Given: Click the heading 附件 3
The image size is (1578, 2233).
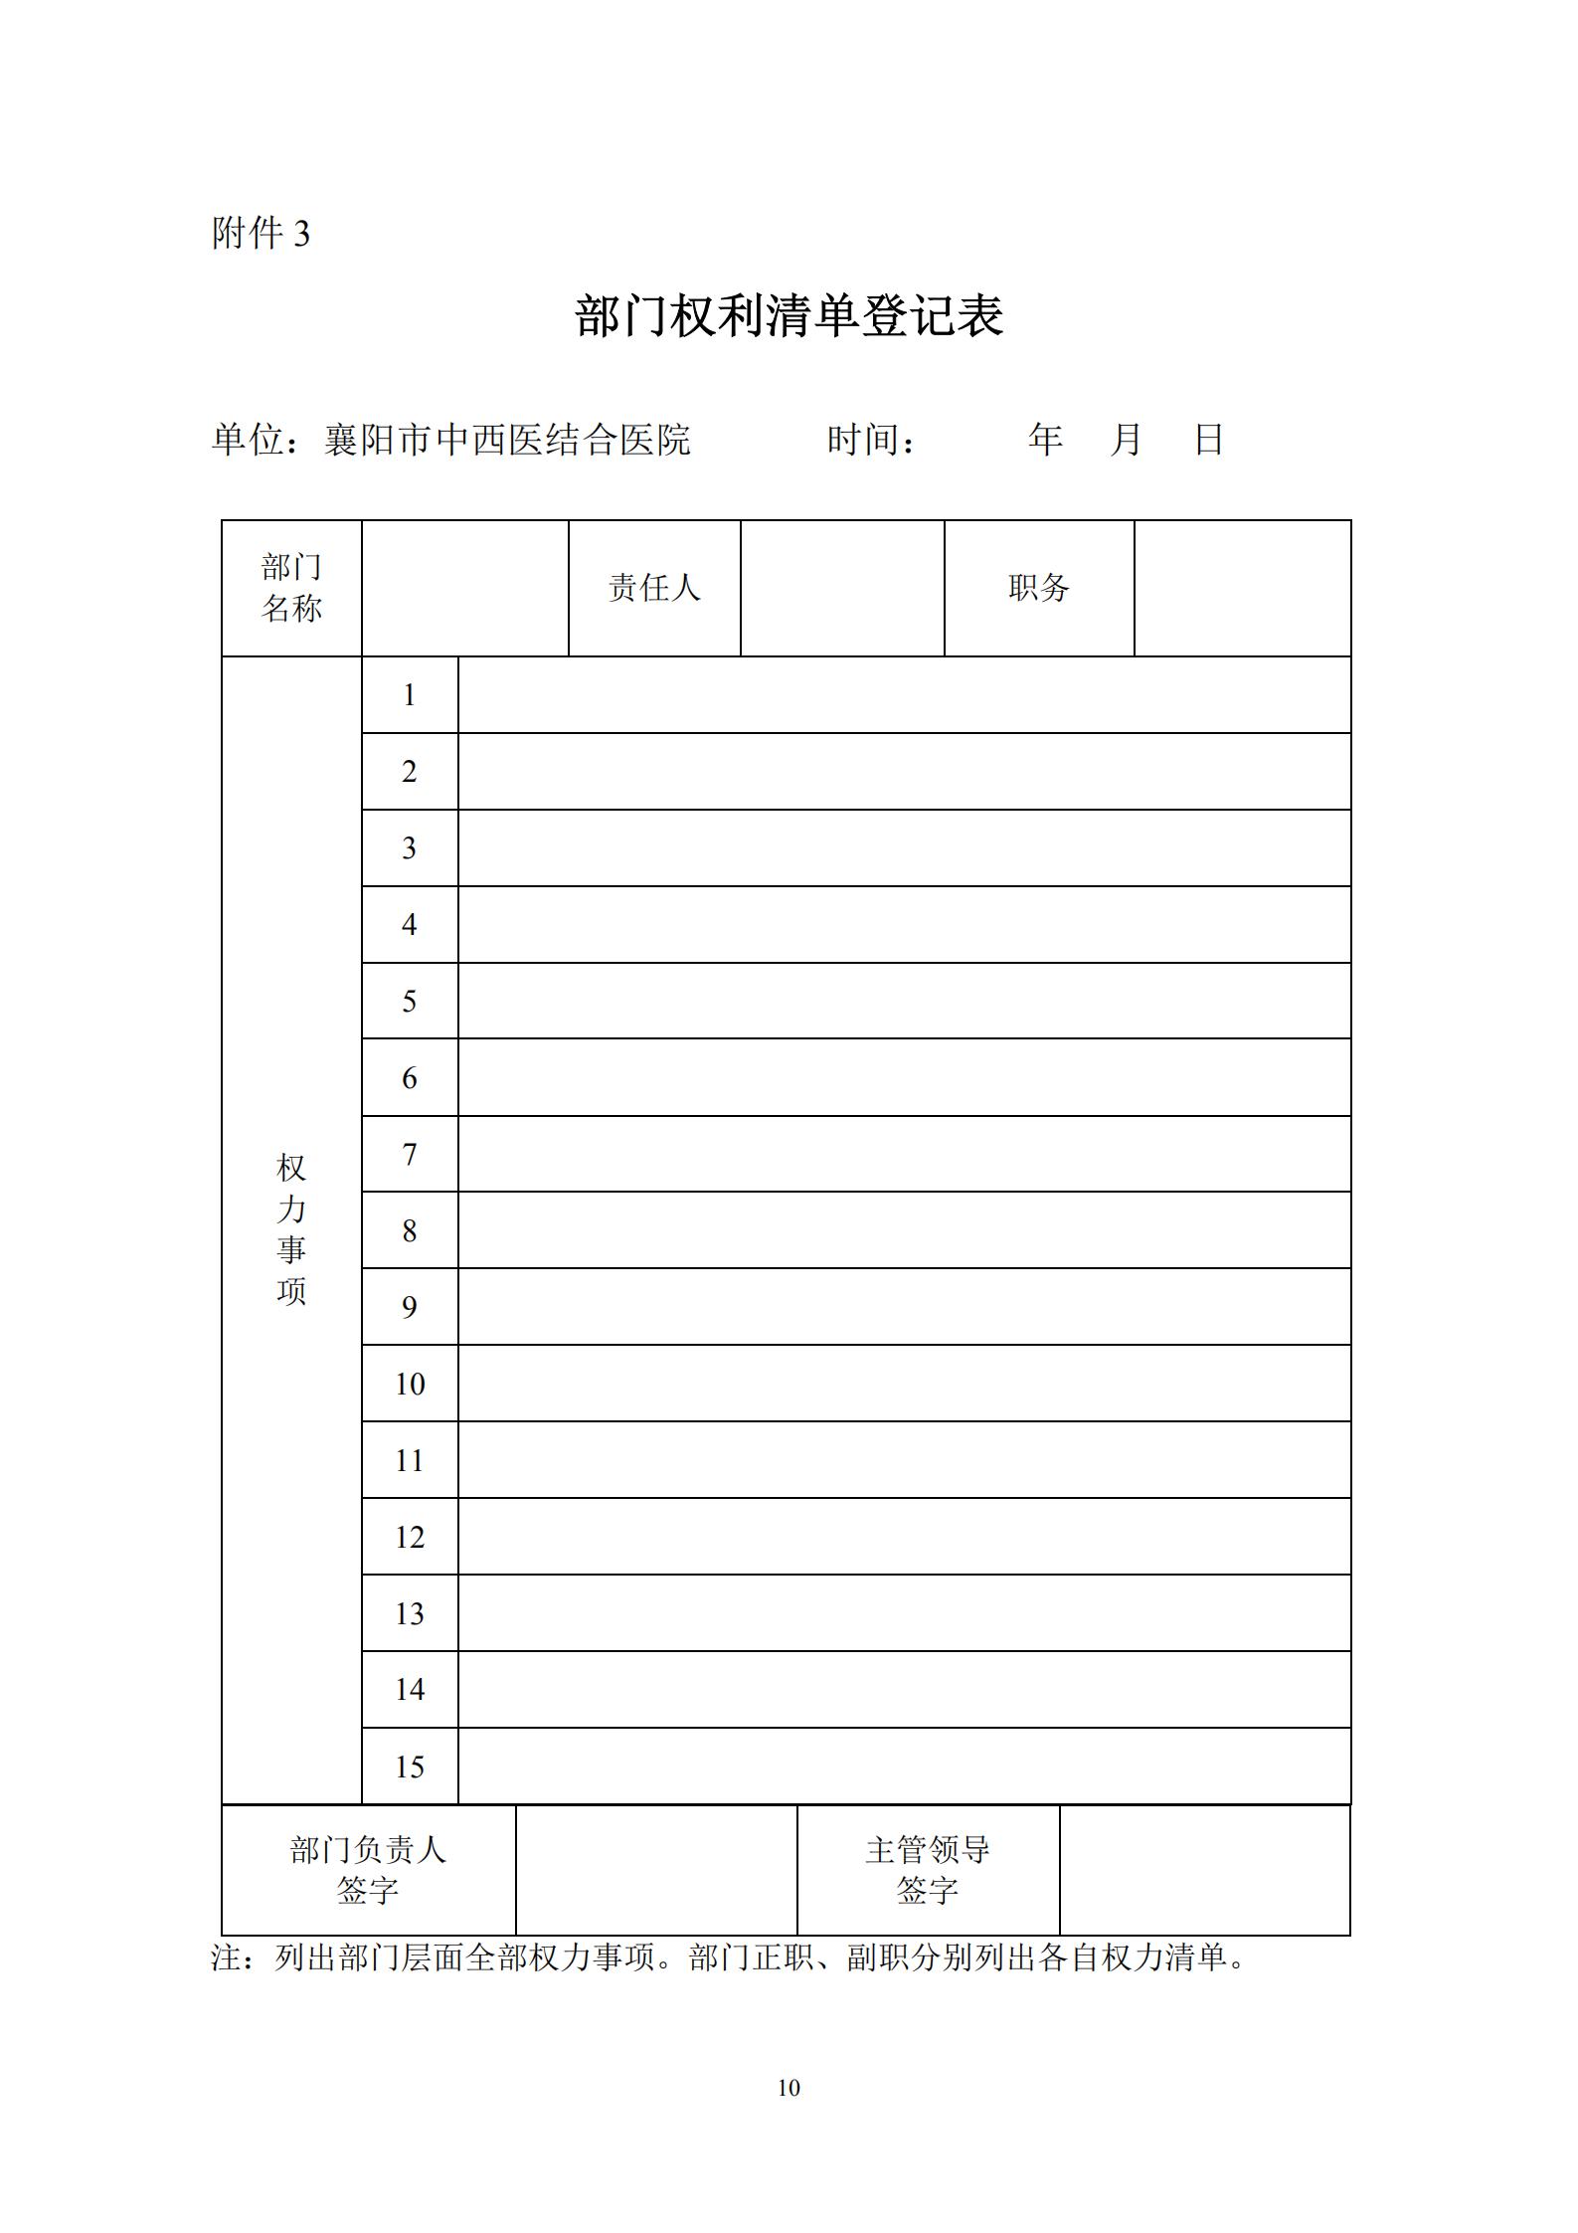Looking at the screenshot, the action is [x=261, y=234].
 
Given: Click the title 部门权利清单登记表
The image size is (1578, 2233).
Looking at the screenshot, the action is [x=789, y=316].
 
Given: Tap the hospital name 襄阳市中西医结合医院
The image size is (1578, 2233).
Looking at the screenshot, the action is [x=507, y=440].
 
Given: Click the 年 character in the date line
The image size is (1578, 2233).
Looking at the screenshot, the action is [x=1045, y=439].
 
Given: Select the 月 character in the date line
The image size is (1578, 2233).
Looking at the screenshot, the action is [x=1126, y=439].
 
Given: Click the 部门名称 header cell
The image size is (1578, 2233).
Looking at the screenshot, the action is [x=291, y=588].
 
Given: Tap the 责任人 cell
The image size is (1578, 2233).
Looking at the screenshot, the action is [x=654, y=588].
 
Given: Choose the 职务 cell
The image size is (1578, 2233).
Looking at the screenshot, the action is [x=1039, y=588].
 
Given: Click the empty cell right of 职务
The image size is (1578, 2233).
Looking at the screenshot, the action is [x=1242, y=588].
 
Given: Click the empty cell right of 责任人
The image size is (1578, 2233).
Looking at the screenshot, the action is [x=842, y=588].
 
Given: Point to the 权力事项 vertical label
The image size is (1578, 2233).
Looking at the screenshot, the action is [x=291, y=1229].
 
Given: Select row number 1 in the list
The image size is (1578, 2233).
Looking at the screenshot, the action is [x=410, y=695].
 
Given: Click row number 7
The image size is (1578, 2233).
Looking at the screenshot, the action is [x=410, y=1154].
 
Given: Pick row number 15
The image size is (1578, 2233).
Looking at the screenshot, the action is [x=410, y=1767].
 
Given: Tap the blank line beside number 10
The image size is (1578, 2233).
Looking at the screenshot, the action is [x=904, y=1384].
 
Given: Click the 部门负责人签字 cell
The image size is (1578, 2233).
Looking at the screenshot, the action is [x=368, y=1870].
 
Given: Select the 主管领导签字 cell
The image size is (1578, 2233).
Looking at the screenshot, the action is [x=928, y=1870].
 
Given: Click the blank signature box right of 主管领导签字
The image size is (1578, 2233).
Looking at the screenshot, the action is [x=1204, y=1870].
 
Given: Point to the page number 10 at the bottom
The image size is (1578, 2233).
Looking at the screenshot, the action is [x=789, y=2088].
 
